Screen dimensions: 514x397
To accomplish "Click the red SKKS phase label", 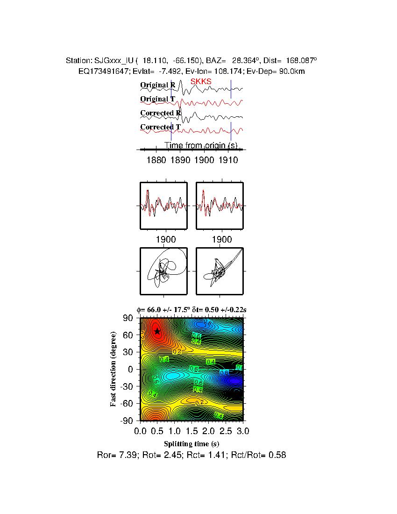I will (x=201, y=82).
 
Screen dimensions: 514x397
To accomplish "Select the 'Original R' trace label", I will (x=158, y=85).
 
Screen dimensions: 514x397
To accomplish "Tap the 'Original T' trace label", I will (x=158, y=99).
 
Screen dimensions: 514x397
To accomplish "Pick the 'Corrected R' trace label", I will (x=161, y=113).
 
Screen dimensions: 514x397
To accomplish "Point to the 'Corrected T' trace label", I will (x=161, y=127).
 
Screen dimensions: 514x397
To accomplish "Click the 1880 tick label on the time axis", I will (x=156, y=160).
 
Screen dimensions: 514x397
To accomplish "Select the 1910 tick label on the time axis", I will (x=228, y=160).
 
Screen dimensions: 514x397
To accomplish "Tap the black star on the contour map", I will (x=157, y=331).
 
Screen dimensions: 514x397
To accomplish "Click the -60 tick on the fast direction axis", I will (x=127, y=404).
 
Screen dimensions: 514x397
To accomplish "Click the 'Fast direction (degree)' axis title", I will (x=113, y=369).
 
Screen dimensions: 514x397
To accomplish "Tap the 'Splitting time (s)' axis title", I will (x=191, y=443).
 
